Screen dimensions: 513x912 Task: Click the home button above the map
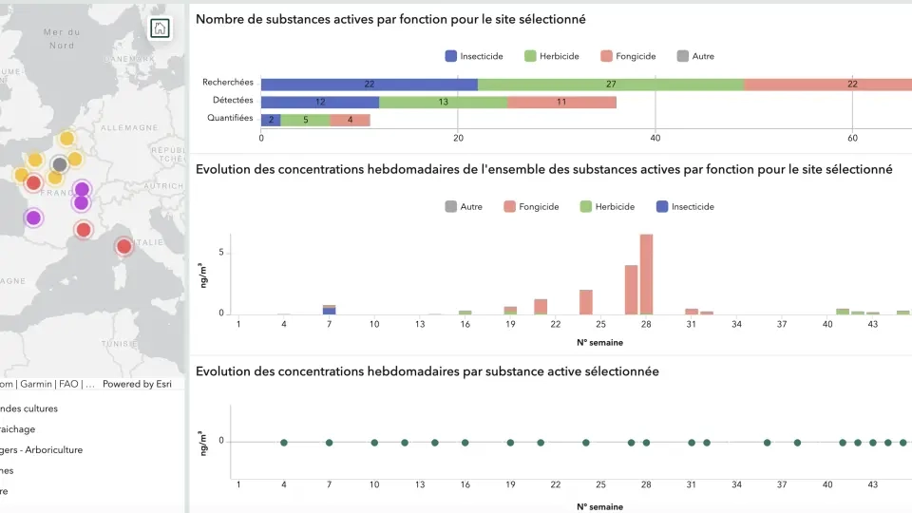click(160, 28)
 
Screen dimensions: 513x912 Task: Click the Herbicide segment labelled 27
click(611, 84)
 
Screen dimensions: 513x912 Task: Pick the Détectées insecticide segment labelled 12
click(320, 102)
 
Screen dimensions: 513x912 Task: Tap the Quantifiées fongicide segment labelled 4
click(350, 120)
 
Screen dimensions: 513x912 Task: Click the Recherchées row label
click(227, 84)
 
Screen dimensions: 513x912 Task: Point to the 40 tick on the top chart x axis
click(655, 138)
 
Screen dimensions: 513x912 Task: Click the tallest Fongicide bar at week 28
click(646, 274)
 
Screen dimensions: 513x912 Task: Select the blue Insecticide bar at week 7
click(329, 311)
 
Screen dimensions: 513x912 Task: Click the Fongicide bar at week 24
click(586, 301)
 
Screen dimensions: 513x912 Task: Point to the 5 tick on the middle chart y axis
click(220, 253)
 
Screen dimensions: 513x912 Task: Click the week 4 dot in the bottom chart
click(284, 443)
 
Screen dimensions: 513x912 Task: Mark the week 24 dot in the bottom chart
click(586, 443)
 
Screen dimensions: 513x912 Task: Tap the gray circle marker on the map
click(59, 164)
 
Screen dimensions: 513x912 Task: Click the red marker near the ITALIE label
click(123, 247)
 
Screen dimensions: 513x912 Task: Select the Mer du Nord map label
click(59, 38)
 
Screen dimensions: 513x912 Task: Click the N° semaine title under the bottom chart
click(599, 506)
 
